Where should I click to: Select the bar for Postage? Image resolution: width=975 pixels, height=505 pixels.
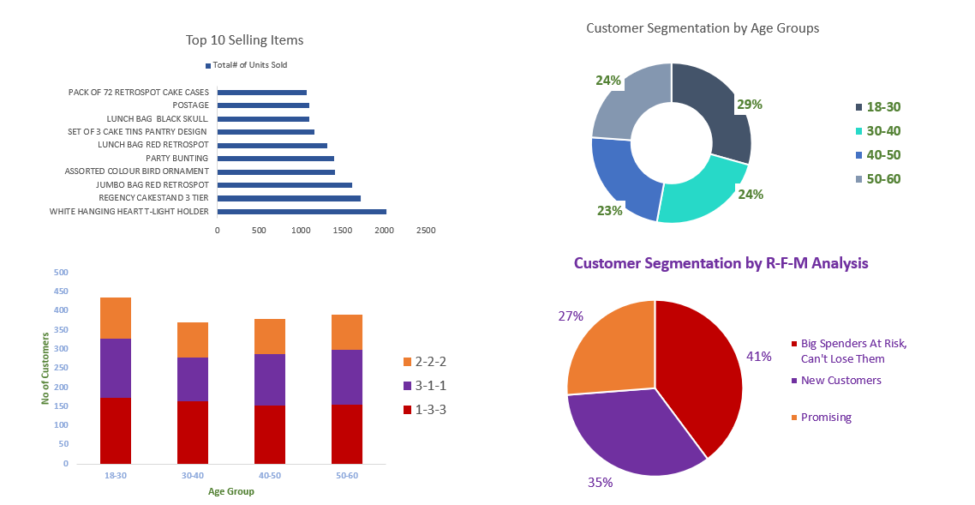click(263, 105)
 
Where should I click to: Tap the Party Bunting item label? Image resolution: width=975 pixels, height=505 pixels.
click(176, 159)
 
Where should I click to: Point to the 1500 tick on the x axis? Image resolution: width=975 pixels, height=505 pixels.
click(343, 231)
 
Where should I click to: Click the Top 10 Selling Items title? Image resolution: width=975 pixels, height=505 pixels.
click(244, 40)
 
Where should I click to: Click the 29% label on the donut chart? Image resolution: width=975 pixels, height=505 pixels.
click(750, 104)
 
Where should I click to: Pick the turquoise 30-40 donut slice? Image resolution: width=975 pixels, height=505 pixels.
click(703, 194)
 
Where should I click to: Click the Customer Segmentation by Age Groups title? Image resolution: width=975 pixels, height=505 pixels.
click(703, 28)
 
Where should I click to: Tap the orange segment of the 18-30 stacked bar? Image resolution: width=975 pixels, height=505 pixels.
click(116, 318)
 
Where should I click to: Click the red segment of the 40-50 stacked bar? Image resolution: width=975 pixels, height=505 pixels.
click(270, 435)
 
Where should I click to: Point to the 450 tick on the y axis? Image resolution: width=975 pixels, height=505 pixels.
click(61, 292)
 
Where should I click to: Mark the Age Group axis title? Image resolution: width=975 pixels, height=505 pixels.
click(231, 491)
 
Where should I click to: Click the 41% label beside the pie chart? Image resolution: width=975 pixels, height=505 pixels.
click(759, 356)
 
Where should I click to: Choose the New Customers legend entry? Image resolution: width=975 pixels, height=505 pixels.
click(840, 380)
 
